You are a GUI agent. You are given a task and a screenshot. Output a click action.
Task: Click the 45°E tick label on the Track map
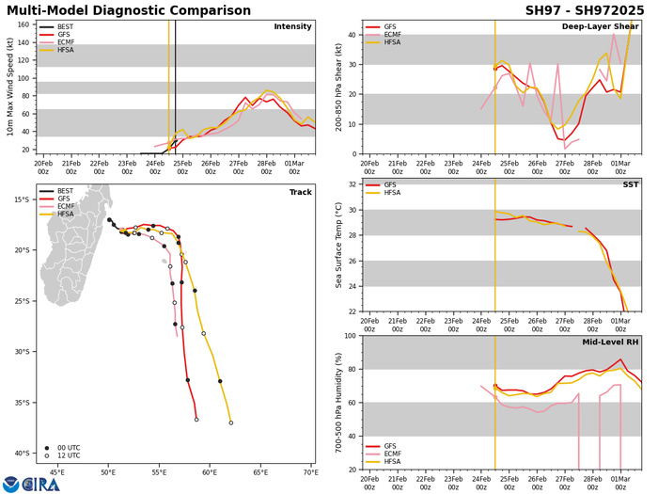click(x=56, y=471)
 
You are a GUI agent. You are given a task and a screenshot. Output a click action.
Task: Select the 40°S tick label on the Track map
click(x=22, y=454)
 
